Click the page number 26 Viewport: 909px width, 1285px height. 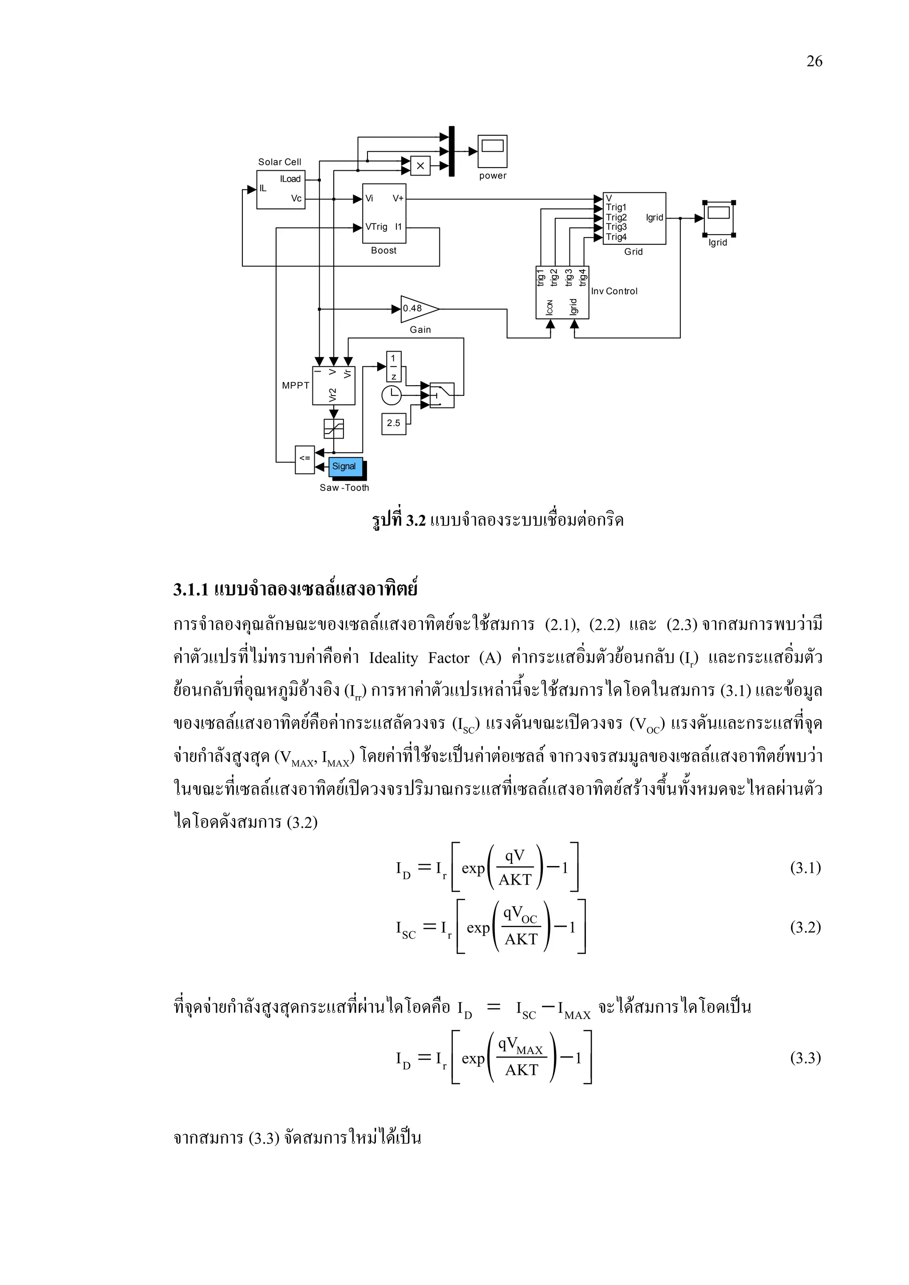pyautogui.click(x=814, y=62)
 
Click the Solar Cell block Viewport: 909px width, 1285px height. pyautogui.click(x=281, y=190)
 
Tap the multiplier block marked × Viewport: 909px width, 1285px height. pyautogui.click(x=420, y=166)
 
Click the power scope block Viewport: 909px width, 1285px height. pyautogui.click(x=492, y=151)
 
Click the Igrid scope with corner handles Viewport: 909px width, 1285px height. pyautogui.click(x=719, y=218)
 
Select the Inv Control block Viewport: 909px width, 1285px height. pyautogui.click(x=562, y=292)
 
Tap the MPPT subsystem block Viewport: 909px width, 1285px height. pyautogui.click(x=333, y=385)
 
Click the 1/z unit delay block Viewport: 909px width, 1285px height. pyautogui.click(x=393, y=367)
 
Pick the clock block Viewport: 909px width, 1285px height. pyautogui.click(x=391, y=395)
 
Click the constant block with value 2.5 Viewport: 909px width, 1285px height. pyautogui.click(x=393, y=423)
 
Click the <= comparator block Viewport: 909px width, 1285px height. pyautogui.click(x=304, y=459)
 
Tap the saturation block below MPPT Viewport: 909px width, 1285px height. pyautogui.click(x=333, y=429)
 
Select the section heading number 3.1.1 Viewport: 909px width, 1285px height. pyautogui.click(x=191, y=590)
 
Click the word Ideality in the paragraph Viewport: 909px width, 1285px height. pyautogui.click(x=393, y=658)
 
